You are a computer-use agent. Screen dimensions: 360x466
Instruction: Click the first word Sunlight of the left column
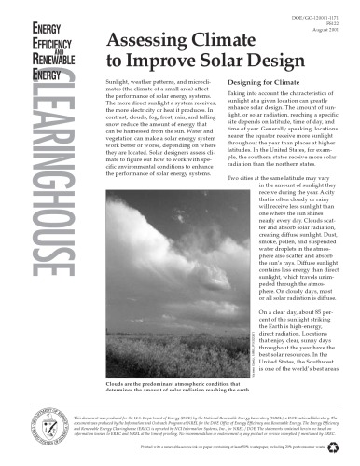123,83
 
